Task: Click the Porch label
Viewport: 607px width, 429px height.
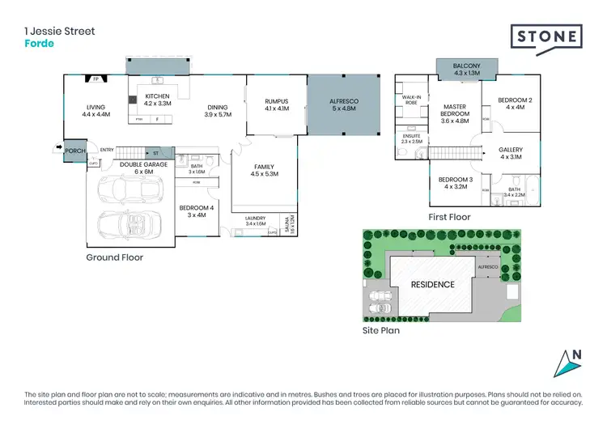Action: pyautogui.click(x=75, y=151)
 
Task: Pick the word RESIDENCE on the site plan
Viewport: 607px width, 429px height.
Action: pyautogui.click(x=432, y=284)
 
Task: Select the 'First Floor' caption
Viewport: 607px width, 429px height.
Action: pyautogui.click(x=449, y=217)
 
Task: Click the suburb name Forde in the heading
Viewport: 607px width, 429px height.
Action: pyautogui.click(x=40, y=44)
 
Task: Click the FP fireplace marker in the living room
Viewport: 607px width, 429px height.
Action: pyautogui.click(x=96, y=79)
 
